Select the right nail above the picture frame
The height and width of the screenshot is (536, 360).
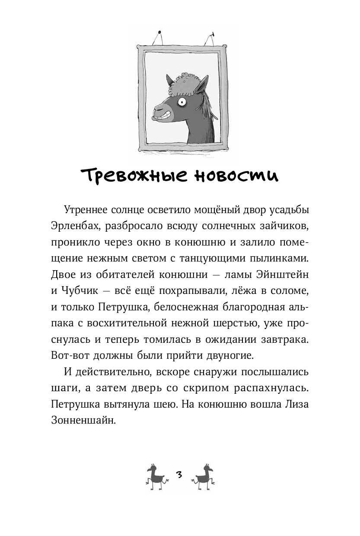click(x=212, y=33)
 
